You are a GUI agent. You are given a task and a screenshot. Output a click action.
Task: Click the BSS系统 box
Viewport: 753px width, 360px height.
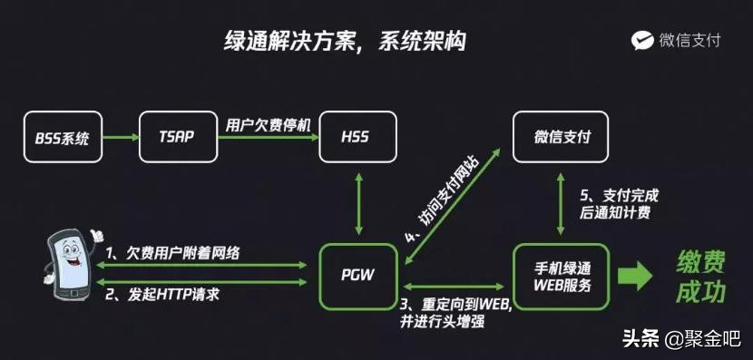[63, 139]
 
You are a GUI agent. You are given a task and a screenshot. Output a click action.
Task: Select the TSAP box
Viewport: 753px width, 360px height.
[178, 139]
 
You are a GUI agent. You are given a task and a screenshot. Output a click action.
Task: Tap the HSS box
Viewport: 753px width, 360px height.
[357, 138]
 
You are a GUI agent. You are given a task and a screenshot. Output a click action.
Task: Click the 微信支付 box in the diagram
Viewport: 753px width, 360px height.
[562, 138]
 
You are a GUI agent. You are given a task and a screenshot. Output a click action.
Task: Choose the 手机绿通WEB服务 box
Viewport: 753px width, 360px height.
[563, 275]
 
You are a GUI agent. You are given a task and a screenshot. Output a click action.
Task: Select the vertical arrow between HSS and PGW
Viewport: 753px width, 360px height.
[360, 203]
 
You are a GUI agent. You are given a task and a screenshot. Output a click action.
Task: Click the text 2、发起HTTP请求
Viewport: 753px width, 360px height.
[163, 295]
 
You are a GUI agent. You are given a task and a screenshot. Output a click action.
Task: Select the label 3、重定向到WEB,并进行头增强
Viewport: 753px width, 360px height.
[456, 311]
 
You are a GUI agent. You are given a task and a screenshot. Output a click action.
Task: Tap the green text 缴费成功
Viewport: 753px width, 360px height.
[701, 277]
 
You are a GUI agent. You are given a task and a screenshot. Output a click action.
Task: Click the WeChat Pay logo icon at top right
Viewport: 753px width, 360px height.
[642, 40]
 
